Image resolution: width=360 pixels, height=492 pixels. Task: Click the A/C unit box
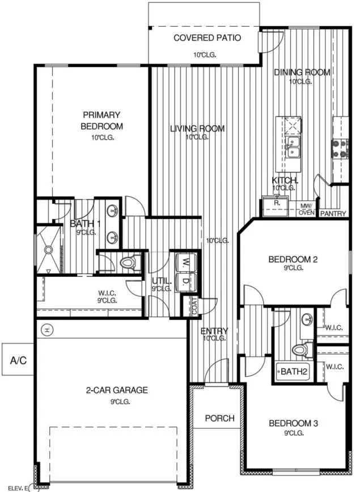[17, 360]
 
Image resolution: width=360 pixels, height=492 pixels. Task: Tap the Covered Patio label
[207, 38]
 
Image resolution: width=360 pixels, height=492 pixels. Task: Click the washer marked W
[185, 263]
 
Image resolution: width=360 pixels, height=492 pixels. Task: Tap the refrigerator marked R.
[276, 203]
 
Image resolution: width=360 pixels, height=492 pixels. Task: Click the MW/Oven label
[307, 209]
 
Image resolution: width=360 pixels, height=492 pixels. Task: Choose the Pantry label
[333, 214]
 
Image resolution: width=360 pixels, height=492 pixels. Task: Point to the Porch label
[219, 418]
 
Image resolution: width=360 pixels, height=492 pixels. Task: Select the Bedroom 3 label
[293, 423]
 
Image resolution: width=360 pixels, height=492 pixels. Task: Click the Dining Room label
[302, 72]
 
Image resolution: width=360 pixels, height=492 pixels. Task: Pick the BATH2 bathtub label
[294, 372]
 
